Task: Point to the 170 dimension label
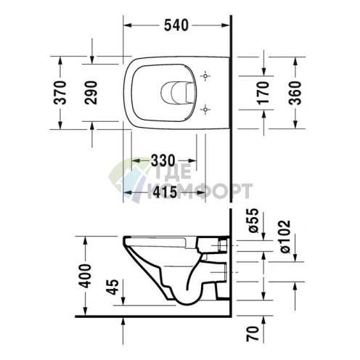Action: pyautogui.click(x=264, y=91)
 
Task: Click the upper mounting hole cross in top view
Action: pyautogui.click(x=207, y=75)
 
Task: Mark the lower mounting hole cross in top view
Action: pyautogui.click(x=207, y=109)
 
